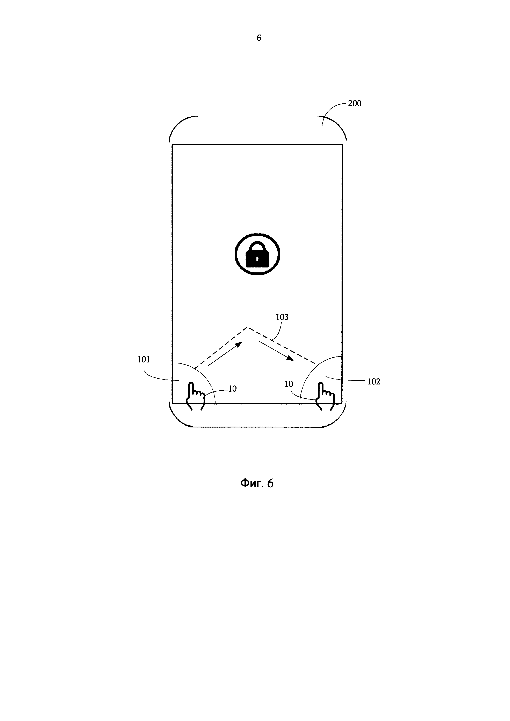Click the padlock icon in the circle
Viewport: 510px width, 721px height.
tap(257, 255)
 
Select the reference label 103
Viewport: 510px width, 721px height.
tap(282, 317)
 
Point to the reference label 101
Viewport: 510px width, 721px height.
tap(144, 360)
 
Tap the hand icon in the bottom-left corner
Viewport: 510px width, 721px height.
tap(195, 396)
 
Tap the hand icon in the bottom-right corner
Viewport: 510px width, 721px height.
tap(325, 396)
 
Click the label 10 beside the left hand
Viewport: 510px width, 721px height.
tap(232, 389)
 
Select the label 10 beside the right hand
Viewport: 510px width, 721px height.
tap(289, 384)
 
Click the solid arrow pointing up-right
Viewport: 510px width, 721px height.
tap(225, 354)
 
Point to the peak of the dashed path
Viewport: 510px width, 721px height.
tap(247, 328)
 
